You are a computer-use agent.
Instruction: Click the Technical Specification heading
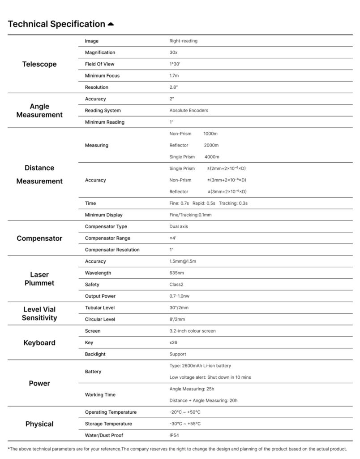[56, 24]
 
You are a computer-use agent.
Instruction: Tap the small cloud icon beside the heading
[111, 24]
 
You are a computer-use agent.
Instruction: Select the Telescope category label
[39, 64]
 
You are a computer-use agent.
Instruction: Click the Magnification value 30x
[173, 52]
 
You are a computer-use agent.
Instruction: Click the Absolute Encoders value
[189, 110]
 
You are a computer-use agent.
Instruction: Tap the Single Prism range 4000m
[211, 157]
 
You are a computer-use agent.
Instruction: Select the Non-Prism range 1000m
[210, 134]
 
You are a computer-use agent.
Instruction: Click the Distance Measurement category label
[39, 174]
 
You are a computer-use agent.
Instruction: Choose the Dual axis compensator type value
[179, 226]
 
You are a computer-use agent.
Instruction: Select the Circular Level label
[100, 319]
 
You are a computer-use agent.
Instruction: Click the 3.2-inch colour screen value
[192, 331]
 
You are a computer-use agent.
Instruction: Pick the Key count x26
[174, 342]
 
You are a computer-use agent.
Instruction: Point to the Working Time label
[100, 395]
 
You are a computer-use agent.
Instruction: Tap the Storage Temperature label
[108, 424]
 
